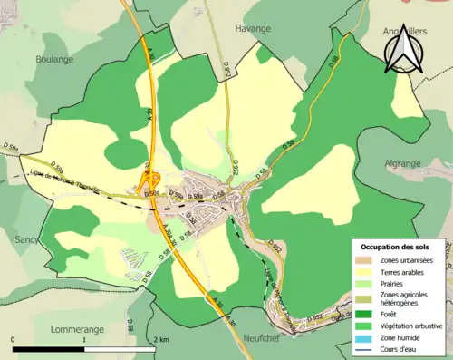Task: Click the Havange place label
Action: (253, 28)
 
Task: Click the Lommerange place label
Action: (81, 304)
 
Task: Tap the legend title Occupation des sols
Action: (396, 247)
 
